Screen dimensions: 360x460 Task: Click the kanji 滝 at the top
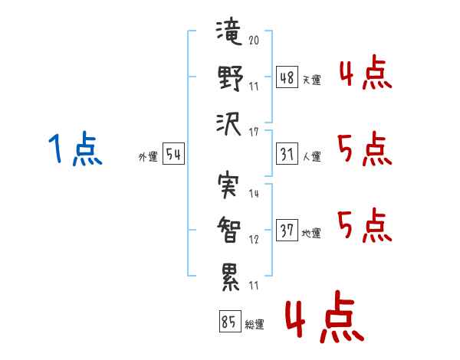coord(228,34)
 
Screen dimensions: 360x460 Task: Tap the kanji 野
coord(228,78)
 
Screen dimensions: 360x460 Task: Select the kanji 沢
coord(228,123)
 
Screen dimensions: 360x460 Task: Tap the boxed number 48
coord(287,78)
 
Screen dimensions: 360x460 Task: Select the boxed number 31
coord(287,155)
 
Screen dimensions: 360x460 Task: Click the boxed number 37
coord(287,231)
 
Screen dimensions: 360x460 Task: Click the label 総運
coord(254,325)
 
